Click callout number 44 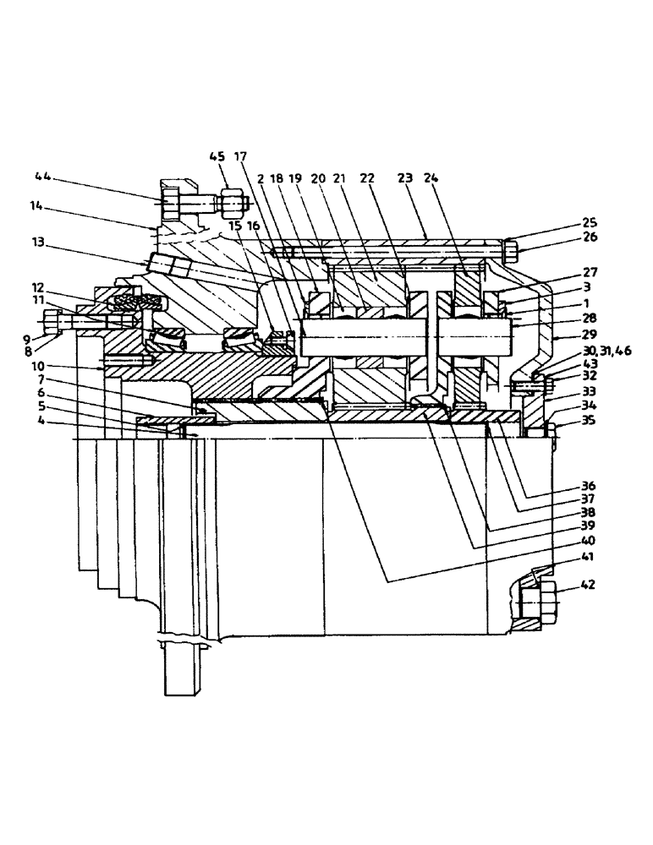(x=42, y=177)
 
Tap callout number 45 (x=218, y=156)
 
